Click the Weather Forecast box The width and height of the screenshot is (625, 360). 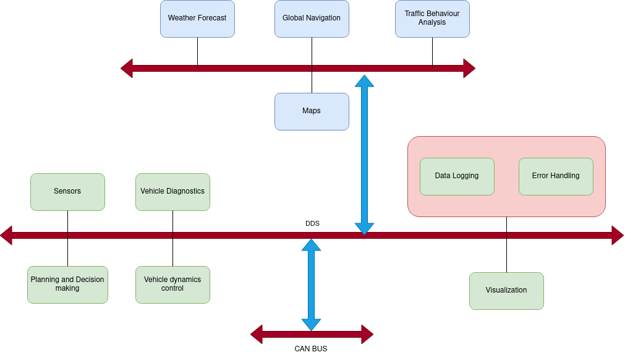197,19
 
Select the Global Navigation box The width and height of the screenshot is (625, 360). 312,19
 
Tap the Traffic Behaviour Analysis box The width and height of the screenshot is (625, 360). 432,19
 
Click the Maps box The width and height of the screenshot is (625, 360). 312,111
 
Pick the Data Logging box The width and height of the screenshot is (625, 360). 457,176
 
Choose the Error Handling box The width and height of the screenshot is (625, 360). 556,176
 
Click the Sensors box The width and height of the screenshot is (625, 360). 67,192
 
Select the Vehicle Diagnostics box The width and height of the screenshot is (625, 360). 172,192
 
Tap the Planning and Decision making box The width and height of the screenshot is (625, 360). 67,285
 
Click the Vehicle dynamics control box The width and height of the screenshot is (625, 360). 172,285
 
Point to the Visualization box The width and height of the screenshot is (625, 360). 506,291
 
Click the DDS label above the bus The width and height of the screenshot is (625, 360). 312,223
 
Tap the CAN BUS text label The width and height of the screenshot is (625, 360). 310,349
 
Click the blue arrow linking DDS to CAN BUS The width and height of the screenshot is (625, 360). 311,285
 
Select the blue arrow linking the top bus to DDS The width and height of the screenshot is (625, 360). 364,155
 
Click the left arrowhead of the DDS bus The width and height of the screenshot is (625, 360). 6,235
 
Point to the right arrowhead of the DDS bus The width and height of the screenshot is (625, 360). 618,235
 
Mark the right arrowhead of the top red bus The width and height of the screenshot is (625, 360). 469,68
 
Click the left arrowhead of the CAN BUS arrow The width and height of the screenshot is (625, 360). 257,334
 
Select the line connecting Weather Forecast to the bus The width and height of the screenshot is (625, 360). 197,51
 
